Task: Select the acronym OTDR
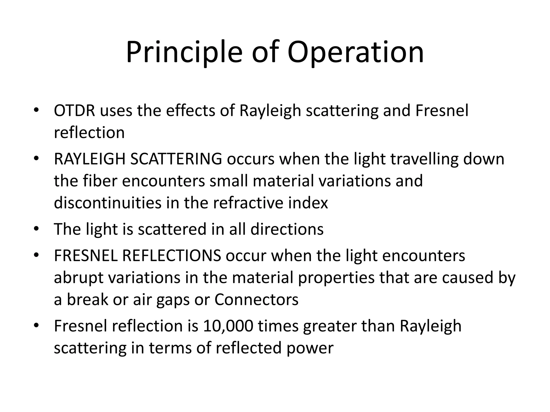[74, 111]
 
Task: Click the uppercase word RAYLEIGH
[90, 159]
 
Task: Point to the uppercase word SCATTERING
[176, 159]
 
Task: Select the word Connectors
[256, 299]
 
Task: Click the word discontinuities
[108, 203]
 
